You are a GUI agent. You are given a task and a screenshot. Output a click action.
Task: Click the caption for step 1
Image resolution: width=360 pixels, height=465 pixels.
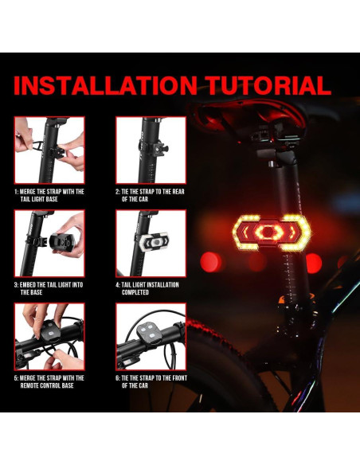click(49, 196)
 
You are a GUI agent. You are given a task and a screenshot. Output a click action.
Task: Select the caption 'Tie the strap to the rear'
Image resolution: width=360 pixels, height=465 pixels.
click(151, 196)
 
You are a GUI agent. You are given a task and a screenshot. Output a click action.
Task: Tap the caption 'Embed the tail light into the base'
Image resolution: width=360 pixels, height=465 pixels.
click(49, 289)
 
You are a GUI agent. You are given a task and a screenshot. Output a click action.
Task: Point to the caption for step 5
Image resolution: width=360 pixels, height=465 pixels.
click(49, 382)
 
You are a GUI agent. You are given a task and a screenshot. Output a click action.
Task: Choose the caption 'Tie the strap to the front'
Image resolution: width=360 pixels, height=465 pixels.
click(151, 382)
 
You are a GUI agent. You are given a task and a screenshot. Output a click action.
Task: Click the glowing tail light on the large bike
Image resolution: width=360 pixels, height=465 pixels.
click(271, 232)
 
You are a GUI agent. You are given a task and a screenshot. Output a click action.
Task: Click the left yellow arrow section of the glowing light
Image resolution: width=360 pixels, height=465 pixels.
click(245, 232)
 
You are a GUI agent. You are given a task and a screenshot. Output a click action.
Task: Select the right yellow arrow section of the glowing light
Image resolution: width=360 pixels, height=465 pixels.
click(297, 232)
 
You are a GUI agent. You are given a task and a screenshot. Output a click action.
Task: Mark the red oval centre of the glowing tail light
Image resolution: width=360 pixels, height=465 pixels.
click(271, 232)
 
